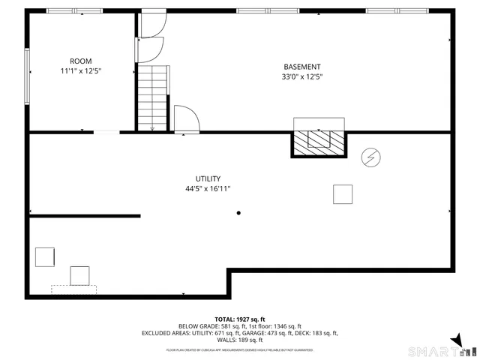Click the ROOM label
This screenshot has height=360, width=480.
80,61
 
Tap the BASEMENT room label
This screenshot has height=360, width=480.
301,66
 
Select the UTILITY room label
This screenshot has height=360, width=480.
208,178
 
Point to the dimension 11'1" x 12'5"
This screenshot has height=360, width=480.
80,71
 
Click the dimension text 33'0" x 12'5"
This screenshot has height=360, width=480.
301,76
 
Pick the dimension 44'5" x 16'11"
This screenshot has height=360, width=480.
208,189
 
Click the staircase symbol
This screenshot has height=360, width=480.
152,97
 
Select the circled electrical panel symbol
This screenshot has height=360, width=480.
370,157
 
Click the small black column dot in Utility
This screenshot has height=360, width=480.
238,214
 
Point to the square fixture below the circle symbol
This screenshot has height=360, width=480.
343,194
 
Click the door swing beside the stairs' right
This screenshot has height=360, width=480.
184,120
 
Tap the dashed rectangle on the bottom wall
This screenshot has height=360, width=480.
73,289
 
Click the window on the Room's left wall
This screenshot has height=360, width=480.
28,76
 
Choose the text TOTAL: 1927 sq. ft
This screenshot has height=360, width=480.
240,319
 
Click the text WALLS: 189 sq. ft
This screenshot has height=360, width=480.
240,340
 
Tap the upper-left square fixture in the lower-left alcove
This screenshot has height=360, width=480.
44,256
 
